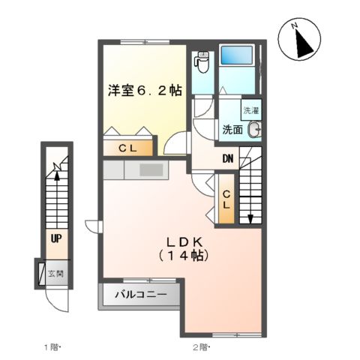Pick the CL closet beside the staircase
click(x=226, y=198)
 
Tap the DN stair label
click(x=227, y=159)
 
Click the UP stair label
click(x=55, y=240)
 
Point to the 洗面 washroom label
click(x=231, y=129)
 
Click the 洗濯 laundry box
click(x=251, y=109)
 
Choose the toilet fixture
click(x=202, y=61)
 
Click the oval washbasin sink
click(x=255, y=129)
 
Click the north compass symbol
click(x=302, y=40)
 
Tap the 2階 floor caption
click(x=201, y=347)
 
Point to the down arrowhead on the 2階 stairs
click(x=250, y=219)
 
